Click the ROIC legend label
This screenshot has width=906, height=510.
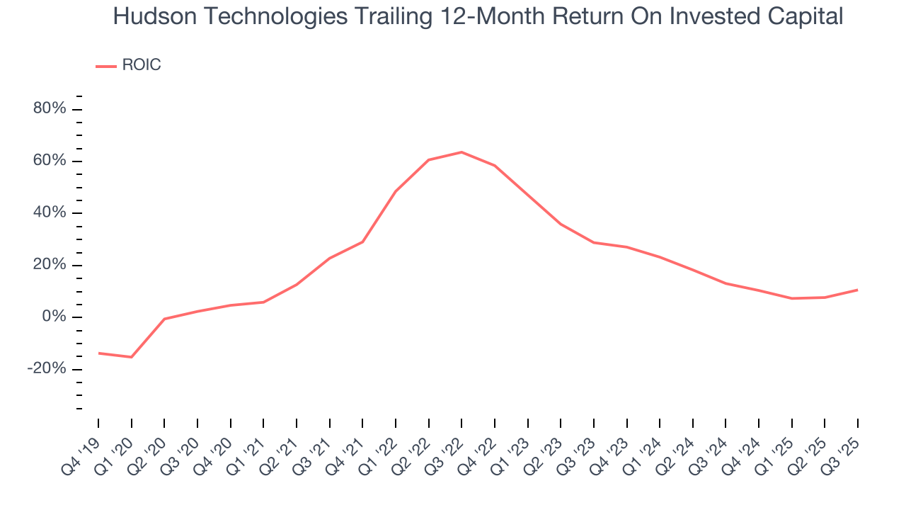tap(142, 65)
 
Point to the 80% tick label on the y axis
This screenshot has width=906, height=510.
tap(50, 109)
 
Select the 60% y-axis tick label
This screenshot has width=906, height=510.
tap(50, 161)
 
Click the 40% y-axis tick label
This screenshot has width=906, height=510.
tap(50, 213)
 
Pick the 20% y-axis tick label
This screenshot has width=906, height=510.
tap(50, 265)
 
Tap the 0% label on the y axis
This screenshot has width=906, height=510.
tap(54, 317)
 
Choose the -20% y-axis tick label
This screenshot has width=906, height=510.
tap(47, 369)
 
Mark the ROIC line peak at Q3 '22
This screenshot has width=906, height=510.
tap(461, 152)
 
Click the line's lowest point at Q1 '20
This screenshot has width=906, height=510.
tap(131, 357)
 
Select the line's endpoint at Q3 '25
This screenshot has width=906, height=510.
tap(858, 290)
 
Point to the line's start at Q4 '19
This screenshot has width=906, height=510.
tap(98, 353)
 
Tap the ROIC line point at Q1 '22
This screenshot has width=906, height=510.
tap(396, 191)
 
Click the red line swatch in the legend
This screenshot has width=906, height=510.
tap(106, 66)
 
